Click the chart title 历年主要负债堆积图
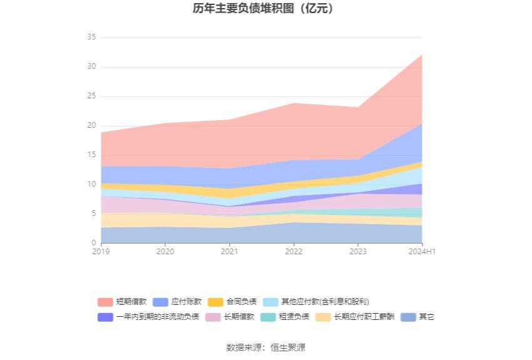point(265,9)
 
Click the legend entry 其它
point(426,317)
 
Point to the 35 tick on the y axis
point(91,38)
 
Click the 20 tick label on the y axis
point(91,126)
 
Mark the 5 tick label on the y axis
point(93,213)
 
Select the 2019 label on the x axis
point(101,251)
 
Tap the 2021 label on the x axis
point(229,251)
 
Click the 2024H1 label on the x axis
point(422,251)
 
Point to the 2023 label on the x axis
point(357,251)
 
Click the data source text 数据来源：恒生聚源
point(265,347)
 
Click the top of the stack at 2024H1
point(422,54)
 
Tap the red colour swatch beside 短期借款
point(105,301)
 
